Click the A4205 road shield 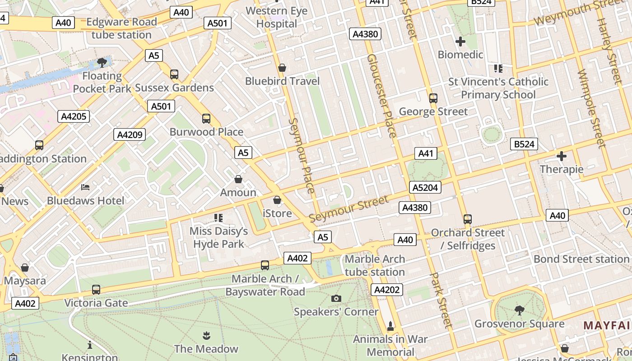pyautogui.click(x=74, y=116)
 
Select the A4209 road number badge pyautogui.click(x=130, y=134)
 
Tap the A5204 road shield pyautogui.click(x=425, y=187)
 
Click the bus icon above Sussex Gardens pyautogui.click(x=174, y=74)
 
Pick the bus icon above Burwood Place pyautogui.click(x=206, y=119)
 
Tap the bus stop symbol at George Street pyautogui.click(x=433, y=98)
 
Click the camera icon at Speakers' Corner pyautogui.click(x=336, y=298)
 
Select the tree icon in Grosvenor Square pyautogui.click(x=519, y=310)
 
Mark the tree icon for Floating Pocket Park pyautogui.click(x=102, y=63)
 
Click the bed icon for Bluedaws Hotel pyautogui.click(x=85, y=187)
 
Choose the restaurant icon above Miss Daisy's pyautogui.click(x=218, y=218)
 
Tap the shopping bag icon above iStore pyautogui.click(x=277, y=200)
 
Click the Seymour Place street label pyautogui.click(x=301, y=156)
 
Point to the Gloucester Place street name pyautogui.click(x=381, y=96)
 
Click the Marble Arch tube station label pyautogui.click(x=375, y=265)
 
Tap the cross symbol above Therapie pyautogui.click(x=562, y=157)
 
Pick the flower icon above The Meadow pyautogui.click(x=206, y=335)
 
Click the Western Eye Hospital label pyautogui.click(x=277, y=17)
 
